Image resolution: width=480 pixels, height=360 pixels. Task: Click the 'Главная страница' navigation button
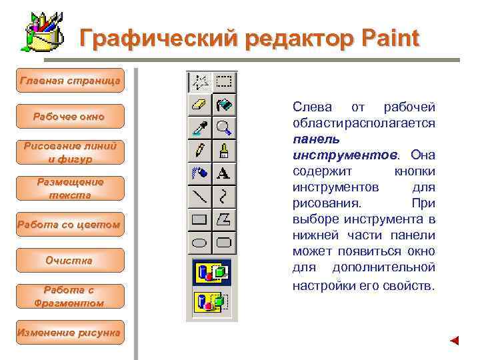click(70, 81)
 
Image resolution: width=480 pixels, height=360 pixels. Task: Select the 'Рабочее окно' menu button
click(70, 117)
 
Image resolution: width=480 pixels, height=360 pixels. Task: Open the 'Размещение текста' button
click(70, 188)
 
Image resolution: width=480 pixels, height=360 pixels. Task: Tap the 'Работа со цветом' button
click(70, 225)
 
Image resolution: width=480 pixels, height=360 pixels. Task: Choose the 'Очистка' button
click(70, 260)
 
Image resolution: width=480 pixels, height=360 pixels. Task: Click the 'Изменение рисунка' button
click(70, 332)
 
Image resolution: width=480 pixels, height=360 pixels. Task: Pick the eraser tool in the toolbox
click(200, 105)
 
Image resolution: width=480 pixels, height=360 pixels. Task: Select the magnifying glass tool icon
click(224, 128)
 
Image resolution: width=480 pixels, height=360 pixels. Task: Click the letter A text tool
click(224, 174)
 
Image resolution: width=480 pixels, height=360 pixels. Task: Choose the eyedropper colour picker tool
click(200, 128)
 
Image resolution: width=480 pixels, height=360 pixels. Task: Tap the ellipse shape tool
click(200, 242)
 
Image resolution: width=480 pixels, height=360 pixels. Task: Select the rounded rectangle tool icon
click(224, 242)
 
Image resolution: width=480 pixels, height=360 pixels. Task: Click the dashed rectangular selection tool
click(224, 82)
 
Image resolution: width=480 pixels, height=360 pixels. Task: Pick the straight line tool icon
click(200, 197)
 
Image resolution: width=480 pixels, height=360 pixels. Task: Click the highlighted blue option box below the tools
click(211, 272)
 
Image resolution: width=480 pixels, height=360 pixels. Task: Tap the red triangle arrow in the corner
click(454, 341)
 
